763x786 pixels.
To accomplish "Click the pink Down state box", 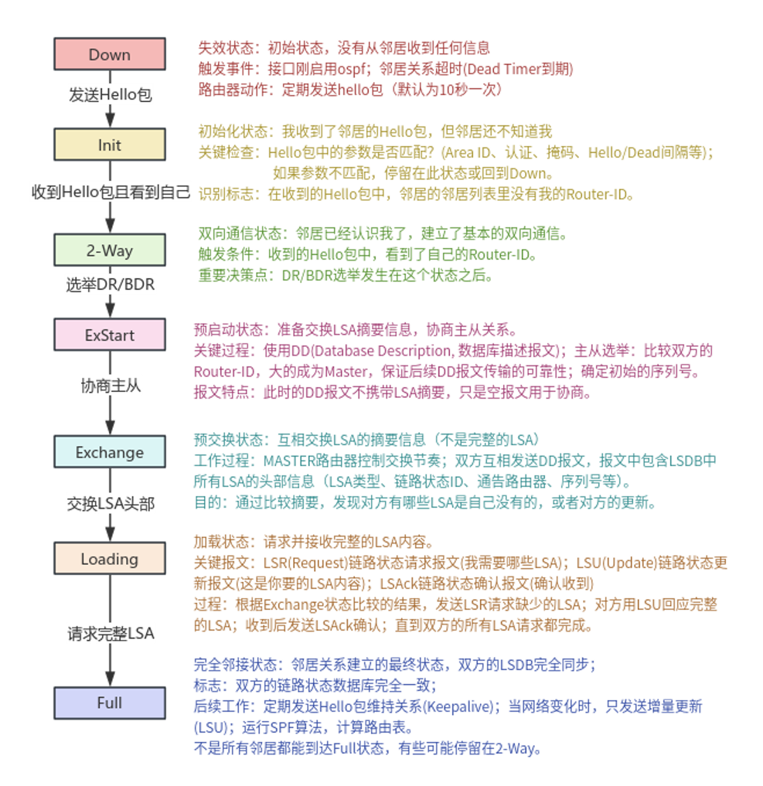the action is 110,54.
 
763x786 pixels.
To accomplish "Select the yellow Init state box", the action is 110,145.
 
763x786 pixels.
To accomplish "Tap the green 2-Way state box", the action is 110,250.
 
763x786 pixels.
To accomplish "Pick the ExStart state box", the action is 110,335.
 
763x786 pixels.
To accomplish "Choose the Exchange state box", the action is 110,452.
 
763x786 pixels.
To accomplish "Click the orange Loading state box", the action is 110,559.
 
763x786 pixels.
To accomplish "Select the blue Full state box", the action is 110,703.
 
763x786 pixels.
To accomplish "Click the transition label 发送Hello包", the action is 110,95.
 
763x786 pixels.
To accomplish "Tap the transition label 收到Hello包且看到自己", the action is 110,192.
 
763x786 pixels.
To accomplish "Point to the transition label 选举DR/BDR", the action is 110,285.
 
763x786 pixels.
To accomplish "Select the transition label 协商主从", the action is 110,385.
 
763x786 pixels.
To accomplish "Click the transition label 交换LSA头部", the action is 110,505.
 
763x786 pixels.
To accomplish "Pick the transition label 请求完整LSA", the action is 110,635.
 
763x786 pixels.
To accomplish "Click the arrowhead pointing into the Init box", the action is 110,121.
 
